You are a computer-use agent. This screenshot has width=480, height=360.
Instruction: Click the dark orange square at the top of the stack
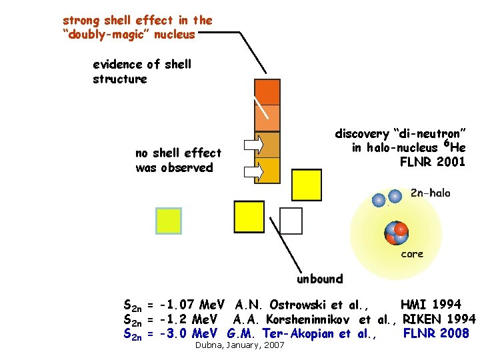[x=267, y=92]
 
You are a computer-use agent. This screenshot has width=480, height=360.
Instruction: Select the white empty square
[x=291, y=220]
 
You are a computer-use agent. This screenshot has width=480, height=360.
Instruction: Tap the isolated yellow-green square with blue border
[x=168, y=221]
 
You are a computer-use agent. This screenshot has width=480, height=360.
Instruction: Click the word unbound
[x=320, y=279]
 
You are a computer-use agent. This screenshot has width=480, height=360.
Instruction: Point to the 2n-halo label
[x=430, y=193]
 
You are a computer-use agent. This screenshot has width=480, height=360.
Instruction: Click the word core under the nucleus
[x=411, y=254]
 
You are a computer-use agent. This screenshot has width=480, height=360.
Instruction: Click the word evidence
[x=117, y=65]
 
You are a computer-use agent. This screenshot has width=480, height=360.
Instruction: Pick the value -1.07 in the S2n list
[x=178, y=305]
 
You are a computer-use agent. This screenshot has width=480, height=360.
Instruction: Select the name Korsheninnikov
[x=303, y=319]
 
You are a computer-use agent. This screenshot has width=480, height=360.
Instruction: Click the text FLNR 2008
[x=437, y=333]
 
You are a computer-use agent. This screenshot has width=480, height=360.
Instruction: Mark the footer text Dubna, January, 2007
[x=239, y=345]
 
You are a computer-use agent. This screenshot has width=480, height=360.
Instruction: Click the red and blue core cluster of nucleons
[x=396, y=232]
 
